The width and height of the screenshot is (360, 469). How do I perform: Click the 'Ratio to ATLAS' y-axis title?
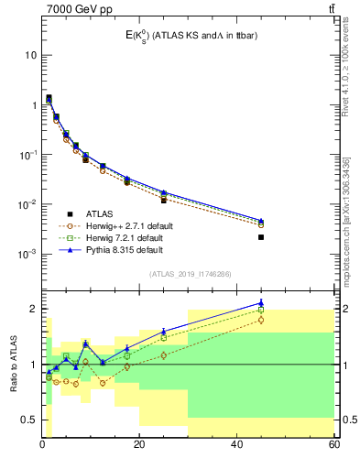13,364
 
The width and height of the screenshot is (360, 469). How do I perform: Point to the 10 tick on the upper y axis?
29,55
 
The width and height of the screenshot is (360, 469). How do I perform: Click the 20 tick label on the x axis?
139,446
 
